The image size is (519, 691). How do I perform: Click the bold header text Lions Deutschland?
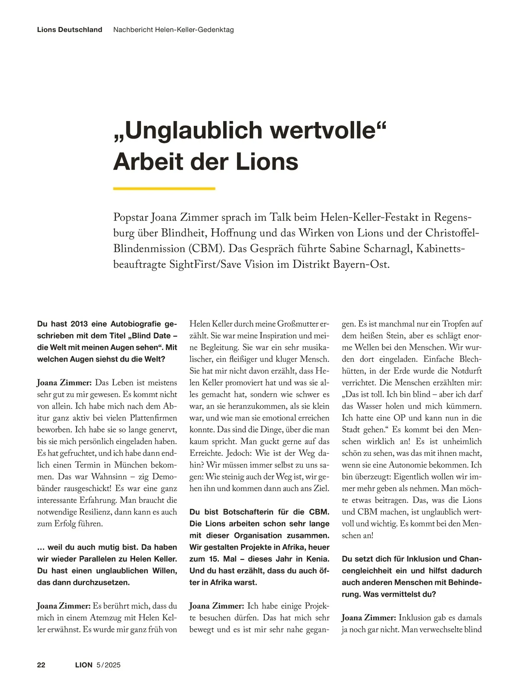coord(70,30)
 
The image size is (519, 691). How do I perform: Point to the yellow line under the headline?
coord(164,189)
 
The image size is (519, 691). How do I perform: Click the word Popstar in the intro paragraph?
coord(132,217)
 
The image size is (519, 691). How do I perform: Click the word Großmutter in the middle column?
coord(295,324)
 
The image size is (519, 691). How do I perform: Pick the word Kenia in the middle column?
coord(316,559)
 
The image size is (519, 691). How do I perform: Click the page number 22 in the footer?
coord(42,665)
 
